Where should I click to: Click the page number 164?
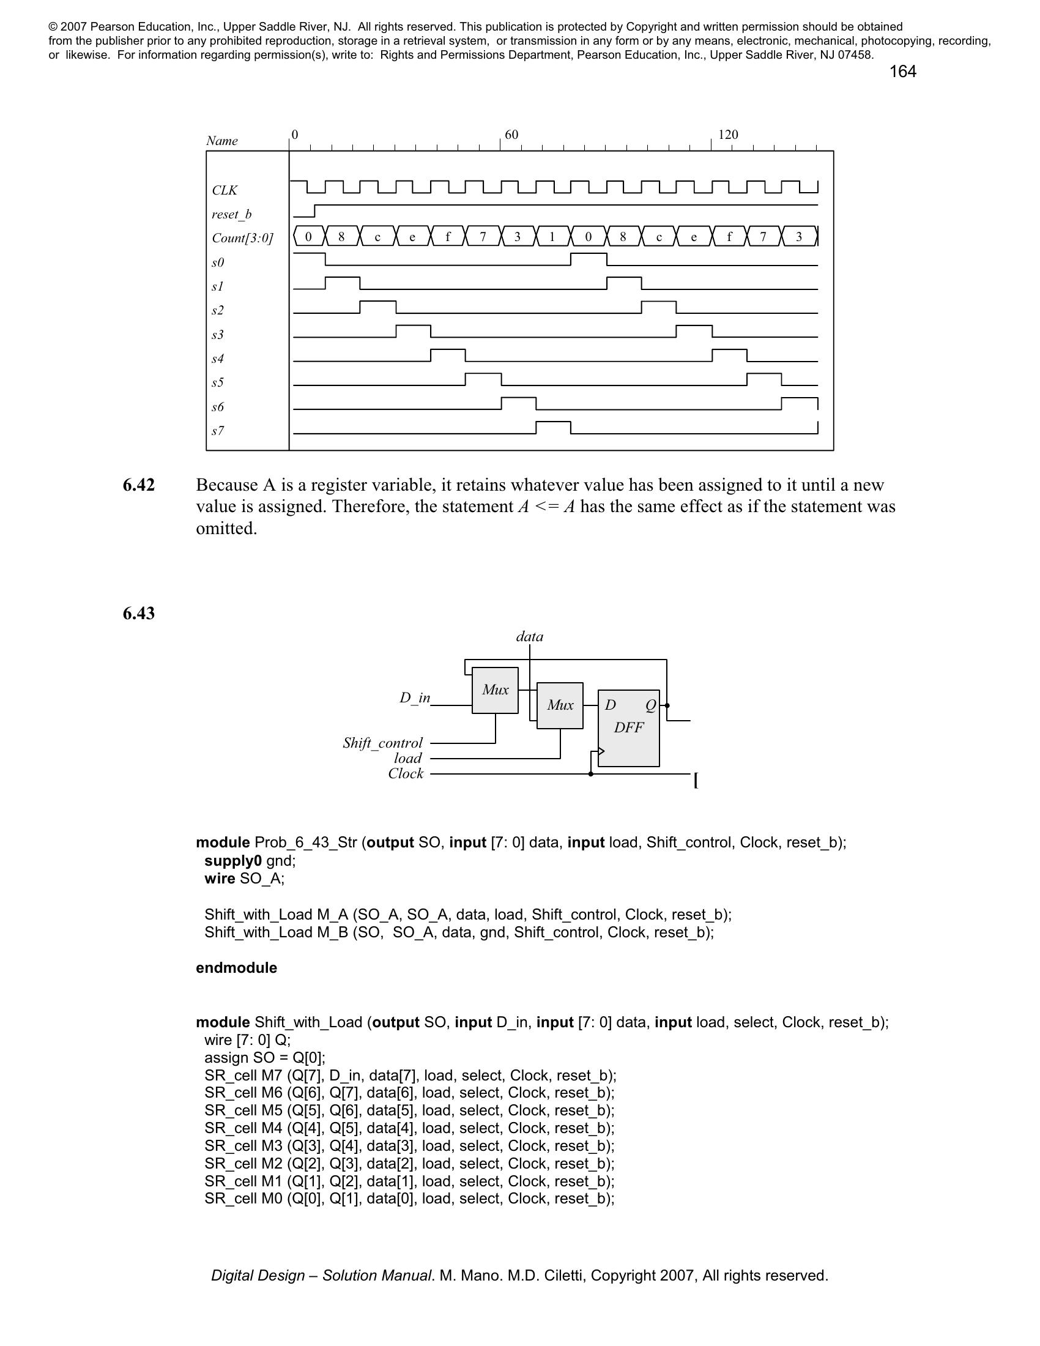tap(902, 72)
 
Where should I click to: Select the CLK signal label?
tap(225, 190)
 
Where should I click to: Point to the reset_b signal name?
tap(231, 215)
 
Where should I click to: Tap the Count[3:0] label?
tap(242, 238)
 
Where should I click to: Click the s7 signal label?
tap(218, 431)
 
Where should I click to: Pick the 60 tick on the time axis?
tap(511, 135)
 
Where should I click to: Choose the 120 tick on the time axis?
tap(727, 135)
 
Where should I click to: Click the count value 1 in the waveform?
tap(552, 237)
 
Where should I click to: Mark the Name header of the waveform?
tap(222, 141)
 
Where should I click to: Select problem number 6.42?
tap(139, 485)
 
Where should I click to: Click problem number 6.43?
tap(139, 613)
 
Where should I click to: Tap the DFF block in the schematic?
tap(628, 728)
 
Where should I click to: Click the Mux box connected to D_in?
tap(495, 690)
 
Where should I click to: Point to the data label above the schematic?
tap(529, 637)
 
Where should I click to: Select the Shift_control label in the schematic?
tap(382, 743)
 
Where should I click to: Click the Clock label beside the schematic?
tap(406, 774)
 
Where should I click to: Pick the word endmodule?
tap(236, 968)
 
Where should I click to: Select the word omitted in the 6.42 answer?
tap(226, 529)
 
